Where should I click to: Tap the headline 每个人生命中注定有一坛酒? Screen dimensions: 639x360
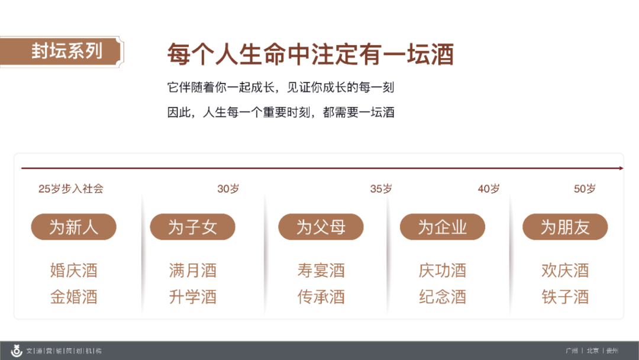(x=311, y=54)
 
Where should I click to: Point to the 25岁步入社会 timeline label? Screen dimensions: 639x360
(x=71, y=189)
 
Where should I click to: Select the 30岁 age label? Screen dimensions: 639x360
(x=228, y=189)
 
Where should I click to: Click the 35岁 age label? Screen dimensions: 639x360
(x=381, y=189)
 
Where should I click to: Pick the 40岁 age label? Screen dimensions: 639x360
(x=489, y=189)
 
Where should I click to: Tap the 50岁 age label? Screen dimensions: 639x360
(x=585, y=189)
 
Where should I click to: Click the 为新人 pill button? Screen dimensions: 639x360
(x=74, y=227)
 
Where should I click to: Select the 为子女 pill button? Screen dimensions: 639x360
(x=192, y=227)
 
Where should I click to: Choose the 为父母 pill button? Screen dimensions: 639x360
(x=321, y=227)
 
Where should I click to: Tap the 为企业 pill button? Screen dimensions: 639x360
(x=443, y=227)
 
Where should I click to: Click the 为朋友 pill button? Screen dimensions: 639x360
(x=565, y=227)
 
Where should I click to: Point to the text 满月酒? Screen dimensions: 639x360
(x=193, y=271)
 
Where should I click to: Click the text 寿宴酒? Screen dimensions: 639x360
(x=321, y=271)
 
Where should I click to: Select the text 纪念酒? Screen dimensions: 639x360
(x=443, y=297)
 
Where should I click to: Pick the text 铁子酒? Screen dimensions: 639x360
(x=565, y=297)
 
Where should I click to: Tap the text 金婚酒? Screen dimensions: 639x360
(x=74, y=297)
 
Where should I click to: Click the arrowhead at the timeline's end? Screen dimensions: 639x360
(x=621, y=168)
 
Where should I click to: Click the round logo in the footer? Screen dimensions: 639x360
(x=17, y=351)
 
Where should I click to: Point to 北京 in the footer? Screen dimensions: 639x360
(x=592, y=351)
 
